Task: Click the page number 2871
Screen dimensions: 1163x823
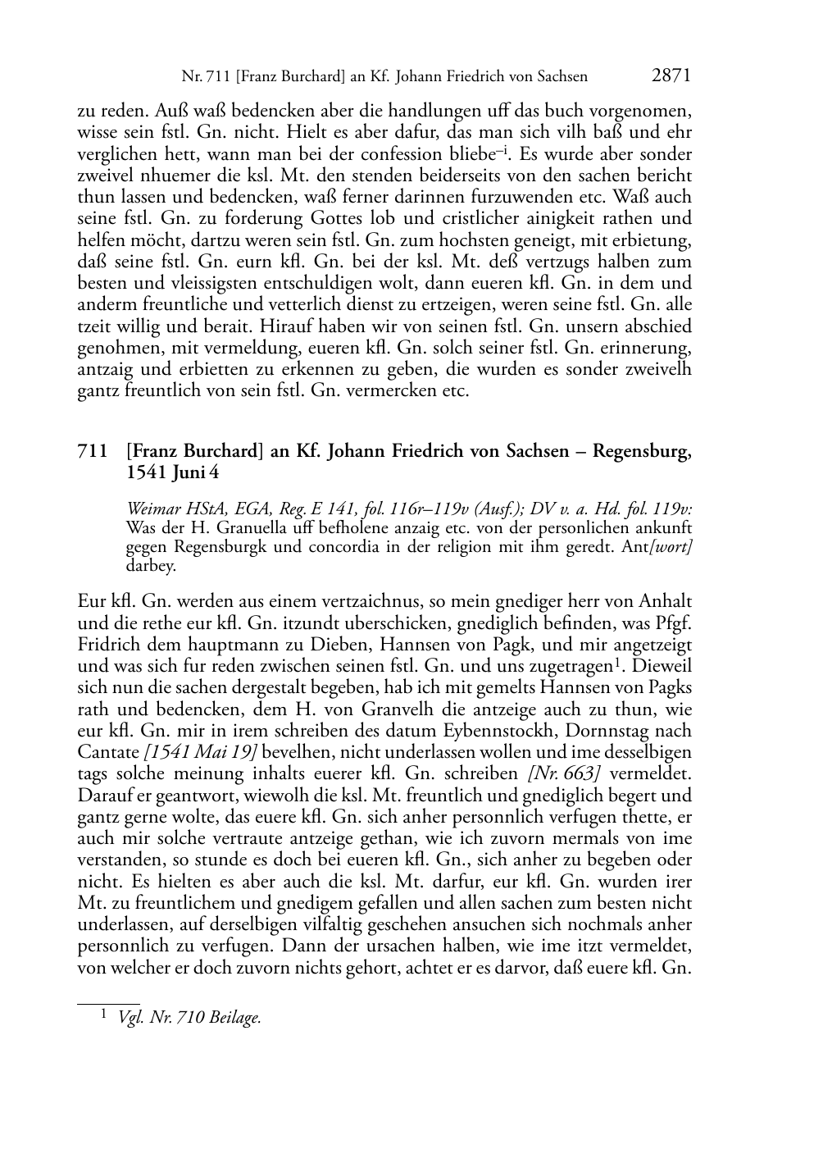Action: [671, 76]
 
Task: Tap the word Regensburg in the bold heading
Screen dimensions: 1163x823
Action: [640, 452]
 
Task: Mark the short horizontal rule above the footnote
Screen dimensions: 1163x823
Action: [108, 1001]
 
